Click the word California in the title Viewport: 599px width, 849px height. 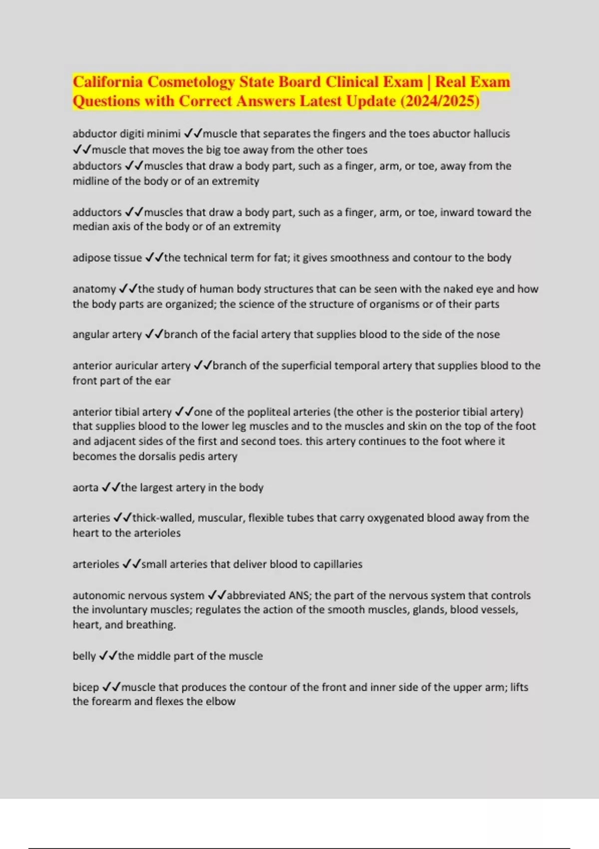(x=108, y=82)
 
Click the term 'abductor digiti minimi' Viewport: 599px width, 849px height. (x=126, y=134)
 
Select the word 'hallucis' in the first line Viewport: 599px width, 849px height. (x=492, y=134)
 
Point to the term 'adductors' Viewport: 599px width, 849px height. (x=97, y=212)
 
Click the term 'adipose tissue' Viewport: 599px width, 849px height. (x=107, y=258)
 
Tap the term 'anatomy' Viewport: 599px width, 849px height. (x=94, y=289)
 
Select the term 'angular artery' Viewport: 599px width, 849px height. (x=107, y=335)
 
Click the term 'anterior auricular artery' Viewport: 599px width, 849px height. (x=131, y=366)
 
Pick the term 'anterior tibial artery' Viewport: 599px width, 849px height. (x=122, y=412)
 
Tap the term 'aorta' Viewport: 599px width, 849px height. (x=85, y=487)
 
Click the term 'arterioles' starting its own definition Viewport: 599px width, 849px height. (x=96, y=564)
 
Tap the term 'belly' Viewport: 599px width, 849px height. (x=84, y=656)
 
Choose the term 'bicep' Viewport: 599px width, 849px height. (x=85, y=687)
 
